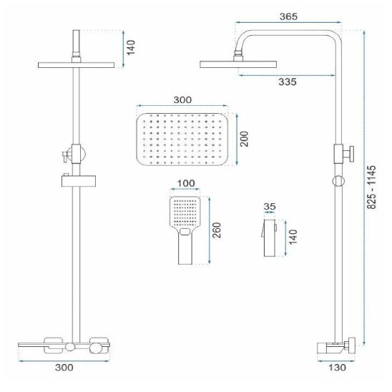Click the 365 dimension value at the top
pyautogui.click(x=288, y=16)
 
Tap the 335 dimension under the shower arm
pyautogui.click(x=288, y=82)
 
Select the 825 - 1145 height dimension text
pyautogui.click(x=371, y=187)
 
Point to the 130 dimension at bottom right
pyautogui.click(x=337, y=368)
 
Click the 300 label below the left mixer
pyautogui.click(x=64, y=368)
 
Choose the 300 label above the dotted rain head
pyautogui.click(x=182, y=100)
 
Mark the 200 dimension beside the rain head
pyautogui.click(x=244, y=139)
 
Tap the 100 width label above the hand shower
pyautogui.click(x=186, y=183)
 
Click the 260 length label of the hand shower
pyautogui.click(x=217, y=230)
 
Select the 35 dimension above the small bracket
pyautogui.click(x=270, y=207)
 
